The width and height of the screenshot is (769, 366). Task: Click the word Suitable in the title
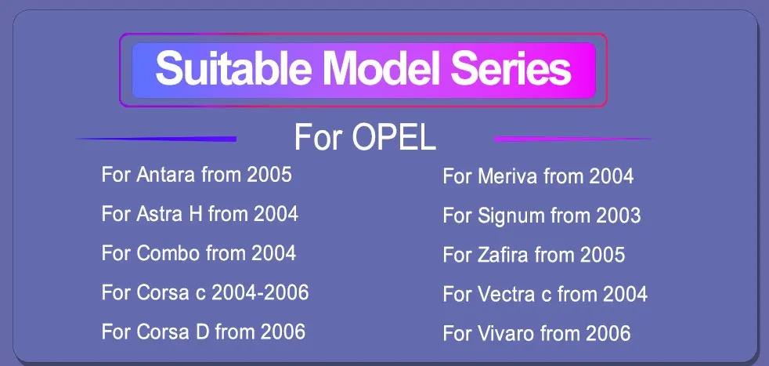(233, 69)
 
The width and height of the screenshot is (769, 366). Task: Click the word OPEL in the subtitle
(394, 138)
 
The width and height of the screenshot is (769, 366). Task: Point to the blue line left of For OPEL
(156, 140)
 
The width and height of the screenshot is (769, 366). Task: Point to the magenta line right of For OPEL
(572, 139)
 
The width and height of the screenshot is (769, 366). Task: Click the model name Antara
(166, 175)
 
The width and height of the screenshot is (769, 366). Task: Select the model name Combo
(168, 253)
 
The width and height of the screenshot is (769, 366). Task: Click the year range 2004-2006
(260, 292)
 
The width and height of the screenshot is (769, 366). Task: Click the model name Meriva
(507, 176)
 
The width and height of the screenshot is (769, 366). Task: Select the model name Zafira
(504, 255)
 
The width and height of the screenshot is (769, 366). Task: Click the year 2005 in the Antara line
(269, 175)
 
